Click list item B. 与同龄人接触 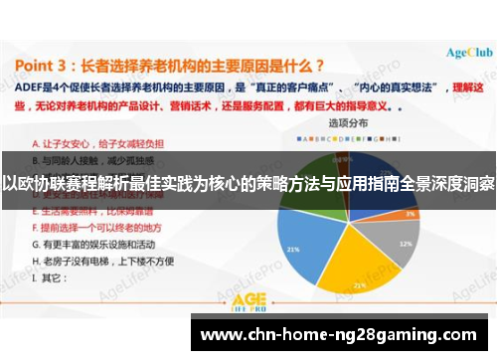coord(85,158)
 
